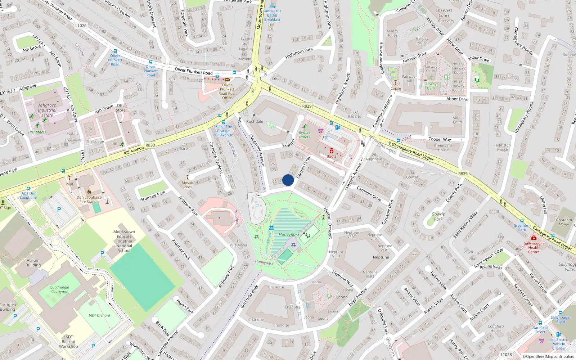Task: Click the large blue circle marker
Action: [x=288, y=180]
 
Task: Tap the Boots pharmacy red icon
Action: [x=332, y=152]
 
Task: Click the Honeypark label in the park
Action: [x=289, y=234]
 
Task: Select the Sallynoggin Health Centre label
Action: [x=534, y=248]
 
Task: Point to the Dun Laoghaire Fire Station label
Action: [x=89, y=199]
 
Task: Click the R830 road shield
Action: [x=150, y=145]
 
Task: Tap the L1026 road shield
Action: [x=81, y=26]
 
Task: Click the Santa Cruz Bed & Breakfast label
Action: [x=272, y=15]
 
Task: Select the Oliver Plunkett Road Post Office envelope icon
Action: [x=227, y=80]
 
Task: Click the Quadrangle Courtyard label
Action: [x=59, y=289]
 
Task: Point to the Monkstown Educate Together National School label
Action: [x=124, y=241]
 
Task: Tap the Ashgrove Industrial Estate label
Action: [x=47, y=110]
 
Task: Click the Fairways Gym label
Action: [x=431, y=86]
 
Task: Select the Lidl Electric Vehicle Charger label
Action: [x=559, y=344]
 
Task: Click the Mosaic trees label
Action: [x=188, y=185]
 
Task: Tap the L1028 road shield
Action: [x=506, y=354]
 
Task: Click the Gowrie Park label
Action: [x=438, y=216]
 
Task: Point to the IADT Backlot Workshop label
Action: [x=68, y=342]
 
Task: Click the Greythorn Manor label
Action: [x=564, y=222]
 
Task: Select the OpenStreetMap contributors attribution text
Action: [x=548, y=356]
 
